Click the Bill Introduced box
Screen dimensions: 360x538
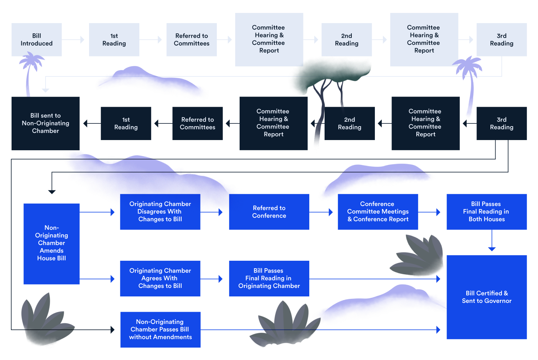pyautogui.click(x=37, y=39)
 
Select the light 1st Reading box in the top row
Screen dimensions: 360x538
pyautogui.click(x=114, y=39)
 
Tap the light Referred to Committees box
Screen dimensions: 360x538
pyautogui.click(x=191, y=39)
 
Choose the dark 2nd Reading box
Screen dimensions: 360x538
pyautogui.click(x=349, y=123)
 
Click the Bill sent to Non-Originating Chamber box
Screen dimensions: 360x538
pyautogui.click(x=46, y=123)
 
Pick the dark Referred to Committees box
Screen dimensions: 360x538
pyautogui.click(x=197, y=123)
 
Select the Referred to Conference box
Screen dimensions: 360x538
pyautogui.click(x=269, y=211)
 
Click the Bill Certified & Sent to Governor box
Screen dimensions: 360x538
pyautogui.click(x=486, y=297)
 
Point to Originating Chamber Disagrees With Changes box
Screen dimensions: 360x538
pyautogui.click(x=160, y=211)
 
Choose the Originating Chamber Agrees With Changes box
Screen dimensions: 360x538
pyautogui.click(x=160, y=278)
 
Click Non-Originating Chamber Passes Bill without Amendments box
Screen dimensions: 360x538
pyautogui.click(x=160, y=329)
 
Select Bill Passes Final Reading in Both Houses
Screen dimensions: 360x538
pyautogui.click(x=486, y=211)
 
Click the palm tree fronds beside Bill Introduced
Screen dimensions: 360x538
pyautogui.click(x=32, y=60)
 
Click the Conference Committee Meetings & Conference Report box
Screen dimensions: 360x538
pyautogui.click(x=378, y=211)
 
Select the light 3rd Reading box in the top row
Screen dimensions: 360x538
pyautogui.click(x=501, y=39)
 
